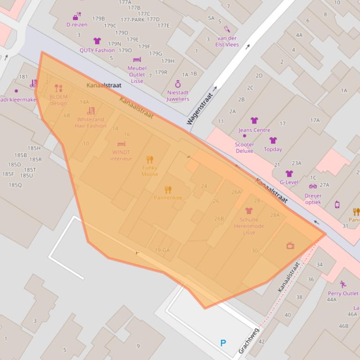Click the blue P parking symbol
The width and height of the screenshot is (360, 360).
coord(223,344)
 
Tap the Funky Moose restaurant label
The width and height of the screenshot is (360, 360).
coord(150,171)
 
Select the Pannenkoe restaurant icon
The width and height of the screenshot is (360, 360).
coord(168,190)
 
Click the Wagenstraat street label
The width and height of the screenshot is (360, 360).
coord(200,108)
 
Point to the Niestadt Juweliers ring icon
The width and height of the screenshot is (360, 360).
coord(178,84)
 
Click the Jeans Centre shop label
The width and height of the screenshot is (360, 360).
coord(254,130)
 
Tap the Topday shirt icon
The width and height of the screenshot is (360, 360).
coord(273,140)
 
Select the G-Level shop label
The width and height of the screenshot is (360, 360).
coord(289,182)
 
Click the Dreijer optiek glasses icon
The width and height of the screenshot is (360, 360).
coord(313,186)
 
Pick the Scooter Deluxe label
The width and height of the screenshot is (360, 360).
coord(244,148)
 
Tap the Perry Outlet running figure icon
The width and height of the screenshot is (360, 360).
coord(343,284)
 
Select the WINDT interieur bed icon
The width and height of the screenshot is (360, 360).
coord(121,144)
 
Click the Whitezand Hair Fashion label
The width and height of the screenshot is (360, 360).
coord(91,122)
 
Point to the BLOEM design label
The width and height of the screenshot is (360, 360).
coord(59,100)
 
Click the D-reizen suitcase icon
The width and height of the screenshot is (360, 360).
coord(77,16)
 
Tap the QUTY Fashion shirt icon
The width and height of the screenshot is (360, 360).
coord(97,41)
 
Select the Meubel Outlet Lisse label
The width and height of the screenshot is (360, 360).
coord(137,74)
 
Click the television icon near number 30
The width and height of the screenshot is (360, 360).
coord(290,245)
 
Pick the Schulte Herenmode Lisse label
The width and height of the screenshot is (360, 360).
coord(249,226)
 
